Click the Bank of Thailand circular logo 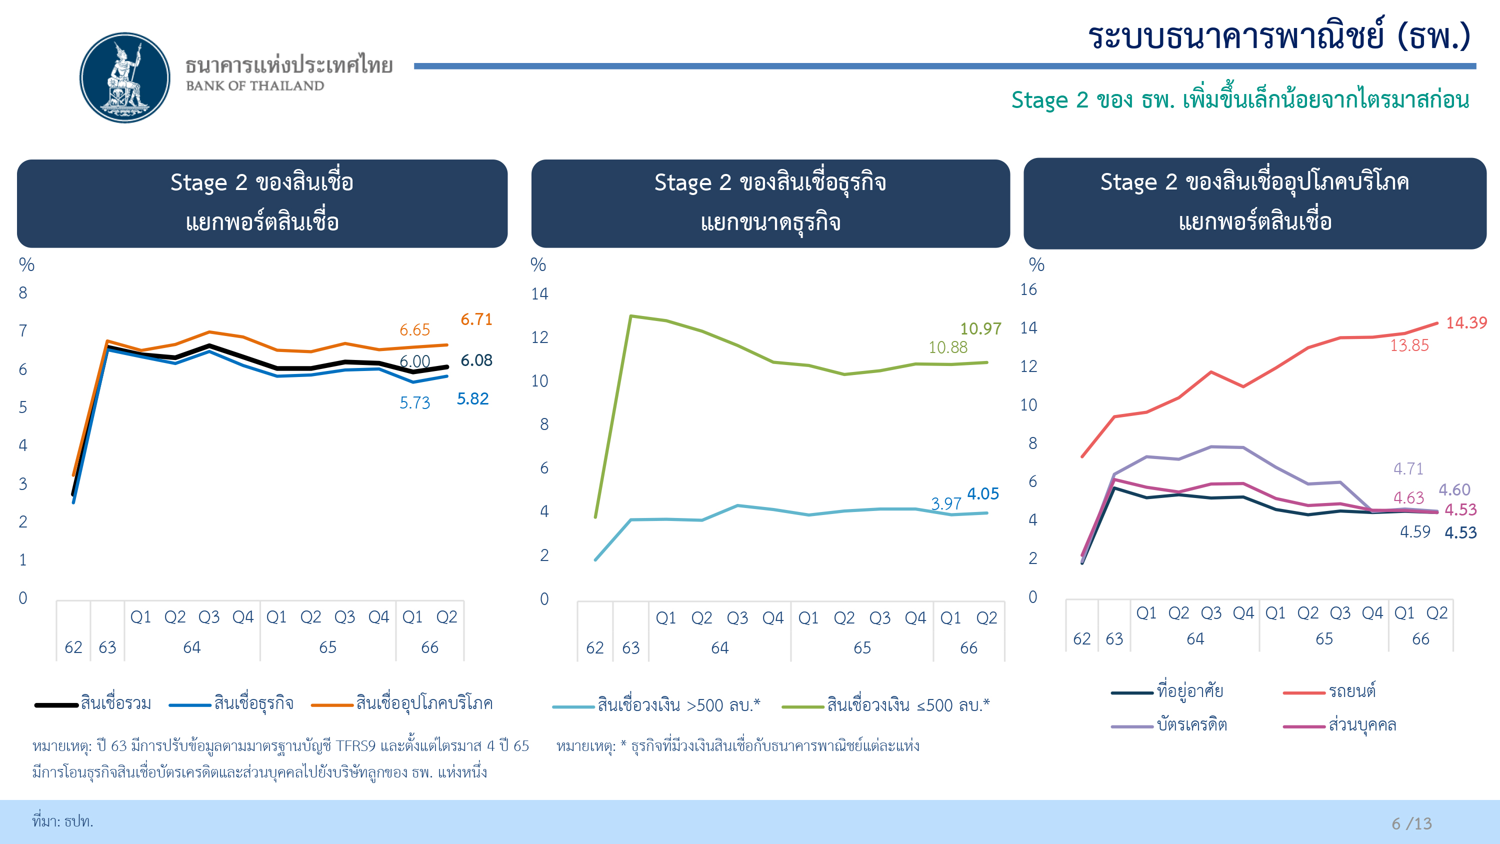tap(124, 77)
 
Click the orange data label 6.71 tap(476, 319)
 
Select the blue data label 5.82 tap(472, 399)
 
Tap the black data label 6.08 tap(476, 360)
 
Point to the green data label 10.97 tap(980, 329)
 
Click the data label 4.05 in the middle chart tap(983, 494)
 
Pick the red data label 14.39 tap(1466, 322)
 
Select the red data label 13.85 tap(1409, 345)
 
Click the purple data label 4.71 tap(1408, 469)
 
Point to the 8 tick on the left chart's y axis tap(22, 293)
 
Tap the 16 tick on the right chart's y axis tap(1028, 289)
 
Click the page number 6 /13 tap(1411, 823)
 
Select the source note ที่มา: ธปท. tap(63, 821)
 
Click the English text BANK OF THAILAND tap(255, 86)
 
